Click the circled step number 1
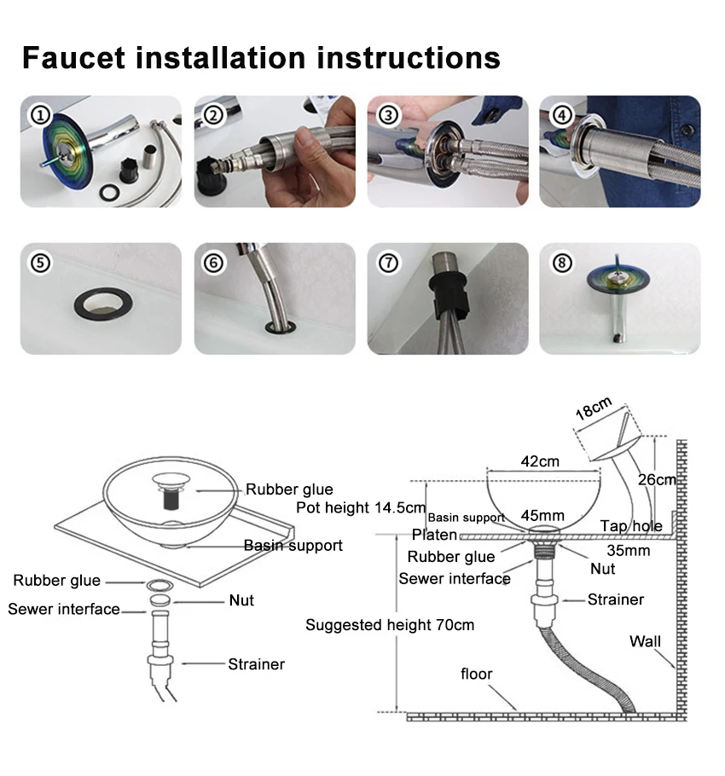click(x=39, y=114)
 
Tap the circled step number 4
click(x=560, y=114)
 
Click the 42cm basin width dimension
click(x=540, y=461)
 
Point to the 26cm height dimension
click(x=658, y=479)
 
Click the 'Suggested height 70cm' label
click(x=390, y=625)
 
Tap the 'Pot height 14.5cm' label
click(x=360, y=508)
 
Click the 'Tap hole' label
click(x=631, y=526)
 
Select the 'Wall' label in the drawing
click(x=645, y=641)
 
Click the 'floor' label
click(x=477, y=675)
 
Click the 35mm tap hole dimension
click(x=629, y=551)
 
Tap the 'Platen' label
click(x=434, y=536)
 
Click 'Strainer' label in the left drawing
click(x=256, y=663)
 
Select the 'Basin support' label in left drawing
click(x=293, y=545)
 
